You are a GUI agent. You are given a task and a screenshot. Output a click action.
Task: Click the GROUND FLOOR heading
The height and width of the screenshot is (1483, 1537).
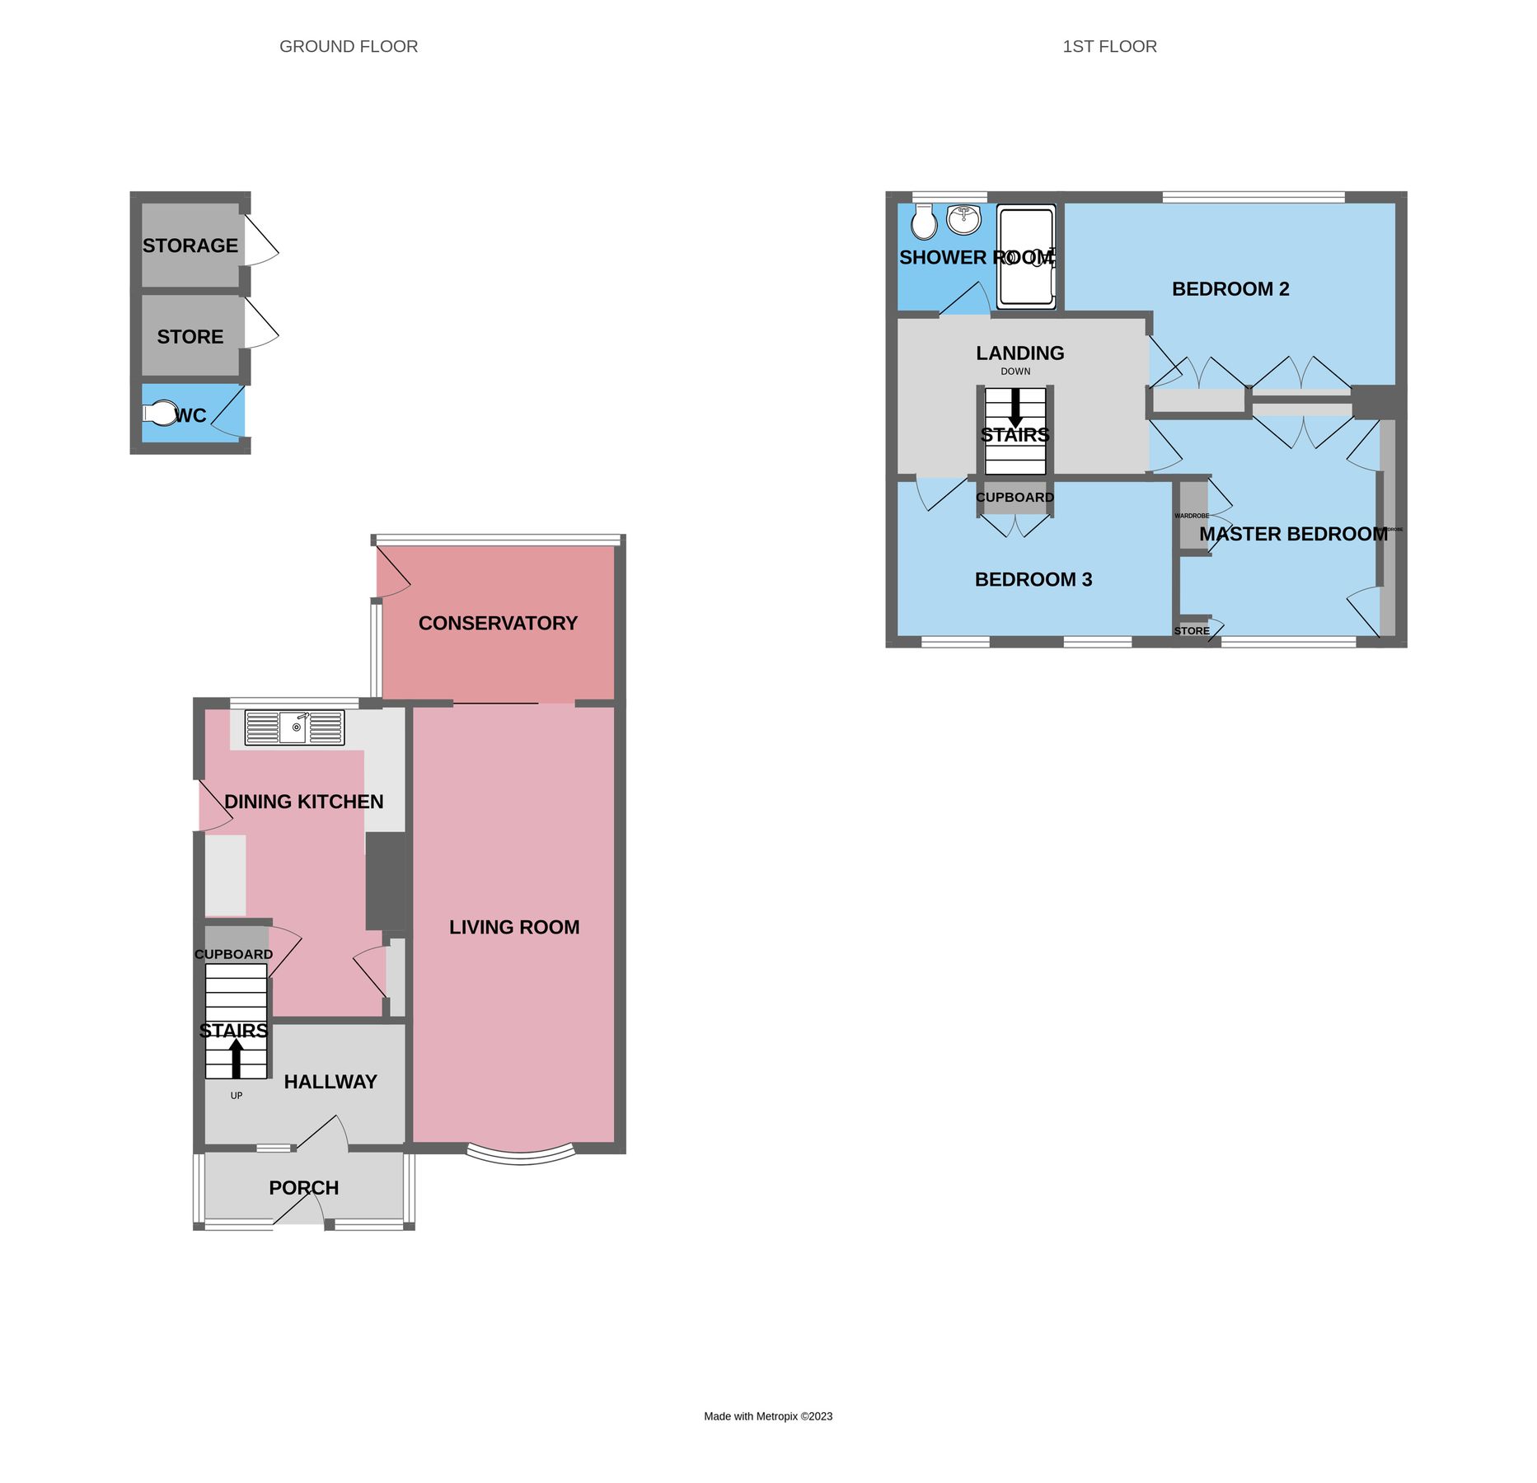[x=349, y=47]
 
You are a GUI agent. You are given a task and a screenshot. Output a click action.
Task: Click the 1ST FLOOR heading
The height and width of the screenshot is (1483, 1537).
[x=1109, y=47]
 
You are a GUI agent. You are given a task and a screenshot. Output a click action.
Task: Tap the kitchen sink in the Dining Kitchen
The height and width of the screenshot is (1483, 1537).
[x=294, y=728]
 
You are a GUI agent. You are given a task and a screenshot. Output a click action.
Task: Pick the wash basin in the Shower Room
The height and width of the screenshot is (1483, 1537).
[x=963, y=219]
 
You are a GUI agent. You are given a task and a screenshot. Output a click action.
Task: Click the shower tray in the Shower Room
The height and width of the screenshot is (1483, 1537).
[x=1025, y=257]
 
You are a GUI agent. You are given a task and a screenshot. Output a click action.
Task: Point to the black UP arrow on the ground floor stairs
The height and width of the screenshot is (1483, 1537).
[x=237, y=1058]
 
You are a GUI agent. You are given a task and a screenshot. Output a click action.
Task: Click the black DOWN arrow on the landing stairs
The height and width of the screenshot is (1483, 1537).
[x=1015, y=407]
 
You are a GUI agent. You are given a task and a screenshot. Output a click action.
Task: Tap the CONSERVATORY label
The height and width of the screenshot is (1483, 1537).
[x=498, y=624]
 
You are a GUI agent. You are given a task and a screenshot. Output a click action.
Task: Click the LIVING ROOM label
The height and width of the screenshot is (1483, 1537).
[x=514, y=928]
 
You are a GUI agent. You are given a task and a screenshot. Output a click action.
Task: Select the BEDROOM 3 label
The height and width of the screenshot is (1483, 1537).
[x=1033, y=580]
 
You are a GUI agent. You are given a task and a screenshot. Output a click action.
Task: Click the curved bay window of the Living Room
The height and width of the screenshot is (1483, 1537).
[x=520, y=1156]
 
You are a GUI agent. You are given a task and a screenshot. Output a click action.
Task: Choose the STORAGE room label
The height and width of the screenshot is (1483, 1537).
[x=190, y=246]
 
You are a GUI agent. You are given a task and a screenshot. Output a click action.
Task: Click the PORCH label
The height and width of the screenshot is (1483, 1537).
[x=303, y=1188]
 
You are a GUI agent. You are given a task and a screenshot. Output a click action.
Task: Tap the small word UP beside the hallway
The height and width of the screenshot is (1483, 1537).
[x=237, y=1096]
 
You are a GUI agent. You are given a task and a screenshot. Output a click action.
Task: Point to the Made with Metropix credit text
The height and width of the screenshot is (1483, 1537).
[x=768, y=1416]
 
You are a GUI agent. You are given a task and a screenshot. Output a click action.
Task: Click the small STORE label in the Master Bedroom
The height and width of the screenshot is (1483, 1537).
[x=1192, y=631]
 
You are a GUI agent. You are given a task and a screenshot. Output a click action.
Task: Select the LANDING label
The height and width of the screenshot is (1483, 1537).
[x=1019, y=353]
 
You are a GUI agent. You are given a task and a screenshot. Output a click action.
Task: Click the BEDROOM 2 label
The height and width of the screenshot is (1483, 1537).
[x=1230, y=289]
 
